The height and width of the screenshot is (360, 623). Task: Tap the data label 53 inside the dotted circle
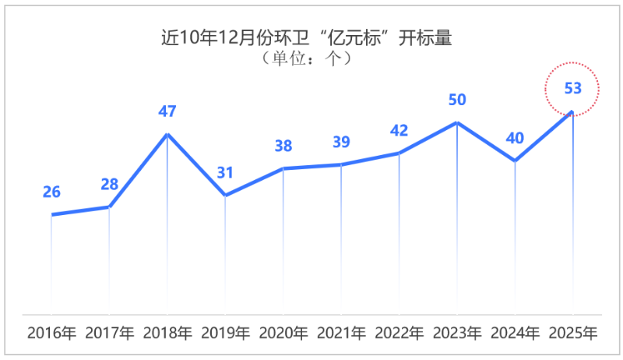pos(572,88)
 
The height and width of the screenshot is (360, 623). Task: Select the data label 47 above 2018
pos(167,111)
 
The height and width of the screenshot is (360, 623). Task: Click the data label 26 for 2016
pos(51,192)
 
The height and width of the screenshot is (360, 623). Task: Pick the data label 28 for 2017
pos(109,185)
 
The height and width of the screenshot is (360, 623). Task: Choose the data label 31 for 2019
pos(225,173)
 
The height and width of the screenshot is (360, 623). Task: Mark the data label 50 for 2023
pos(457,100)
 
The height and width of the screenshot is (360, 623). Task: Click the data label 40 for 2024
pos(515,138)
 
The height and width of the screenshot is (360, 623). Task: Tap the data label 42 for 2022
pos(399,130)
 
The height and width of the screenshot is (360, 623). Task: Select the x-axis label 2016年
pos(51,334)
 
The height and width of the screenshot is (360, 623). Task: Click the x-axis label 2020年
pos(283,334)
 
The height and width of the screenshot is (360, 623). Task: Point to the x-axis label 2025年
pos(573,334)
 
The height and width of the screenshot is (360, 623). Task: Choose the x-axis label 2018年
pos(167,334)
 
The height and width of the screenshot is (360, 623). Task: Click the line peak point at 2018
pos(167,134)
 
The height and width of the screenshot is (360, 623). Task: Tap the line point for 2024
pos(515,161)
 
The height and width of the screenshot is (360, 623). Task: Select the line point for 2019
pos(225,196)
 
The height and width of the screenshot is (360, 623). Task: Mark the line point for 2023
pos(457,122)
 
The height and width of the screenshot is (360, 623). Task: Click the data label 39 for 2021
pos(341,142)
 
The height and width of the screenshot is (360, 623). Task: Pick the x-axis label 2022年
pos(399,334)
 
